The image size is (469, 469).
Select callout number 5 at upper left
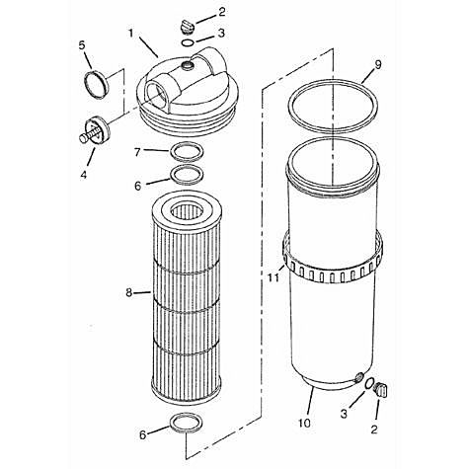coord(83,45)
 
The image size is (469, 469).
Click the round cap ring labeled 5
coord(96,86)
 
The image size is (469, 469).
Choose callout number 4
coord(82,175)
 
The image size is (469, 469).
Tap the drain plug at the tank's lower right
coord(386,388)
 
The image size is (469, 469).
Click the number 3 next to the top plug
coord(222,33)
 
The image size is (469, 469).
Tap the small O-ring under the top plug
coord(186,42)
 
